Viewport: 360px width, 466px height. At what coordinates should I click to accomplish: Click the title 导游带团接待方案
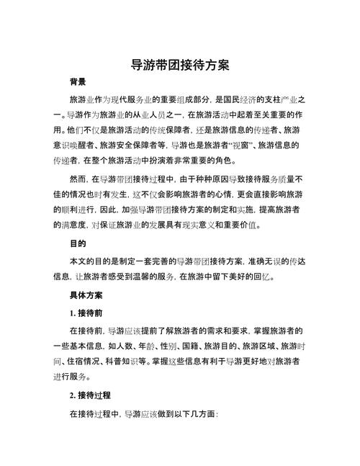click(180, 64)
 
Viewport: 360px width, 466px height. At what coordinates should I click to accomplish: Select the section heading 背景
click(79, 82)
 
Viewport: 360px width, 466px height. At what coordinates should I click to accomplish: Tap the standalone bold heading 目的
click(79, 243)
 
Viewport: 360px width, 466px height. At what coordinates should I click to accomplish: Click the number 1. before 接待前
click(73, 313)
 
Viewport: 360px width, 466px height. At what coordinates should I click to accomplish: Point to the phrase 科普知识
click(135, 364)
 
